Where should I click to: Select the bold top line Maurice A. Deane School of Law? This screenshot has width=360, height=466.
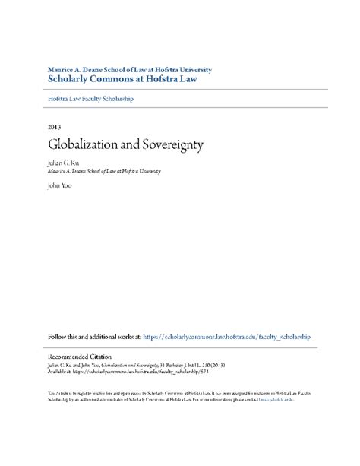(129, 69)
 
